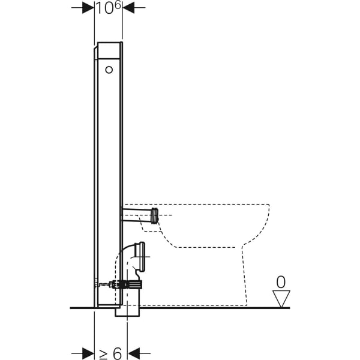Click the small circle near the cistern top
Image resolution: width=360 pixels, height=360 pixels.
point(109,70)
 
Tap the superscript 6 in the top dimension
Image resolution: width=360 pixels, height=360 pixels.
point(118,6)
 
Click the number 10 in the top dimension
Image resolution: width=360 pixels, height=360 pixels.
point(104,8)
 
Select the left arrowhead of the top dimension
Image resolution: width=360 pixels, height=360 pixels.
point(88,8)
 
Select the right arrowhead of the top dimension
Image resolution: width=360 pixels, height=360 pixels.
point(128,8)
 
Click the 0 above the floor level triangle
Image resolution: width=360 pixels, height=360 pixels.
point(281,282)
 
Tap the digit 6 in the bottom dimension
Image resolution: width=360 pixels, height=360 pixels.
point(118,353)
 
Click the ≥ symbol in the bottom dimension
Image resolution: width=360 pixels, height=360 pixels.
point(103,355)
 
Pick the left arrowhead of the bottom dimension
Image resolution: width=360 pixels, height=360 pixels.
point(88,353)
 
